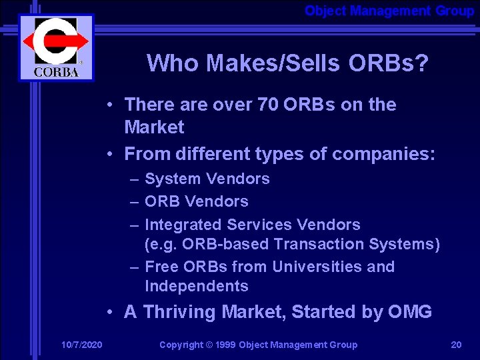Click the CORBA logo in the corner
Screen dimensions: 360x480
click(56, 47)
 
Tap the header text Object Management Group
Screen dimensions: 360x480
click(389, 11)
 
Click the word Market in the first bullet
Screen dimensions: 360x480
click(154, 127)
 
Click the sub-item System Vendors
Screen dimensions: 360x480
click(207, 179)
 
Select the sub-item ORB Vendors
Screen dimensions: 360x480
click(196, 201)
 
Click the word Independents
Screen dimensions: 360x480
click(196, 286)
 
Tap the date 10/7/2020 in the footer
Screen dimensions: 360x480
click(81, 345)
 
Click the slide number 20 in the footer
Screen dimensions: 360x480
click(456, 345)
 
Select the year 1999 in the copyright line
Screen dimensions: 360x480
click(224, 345)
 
